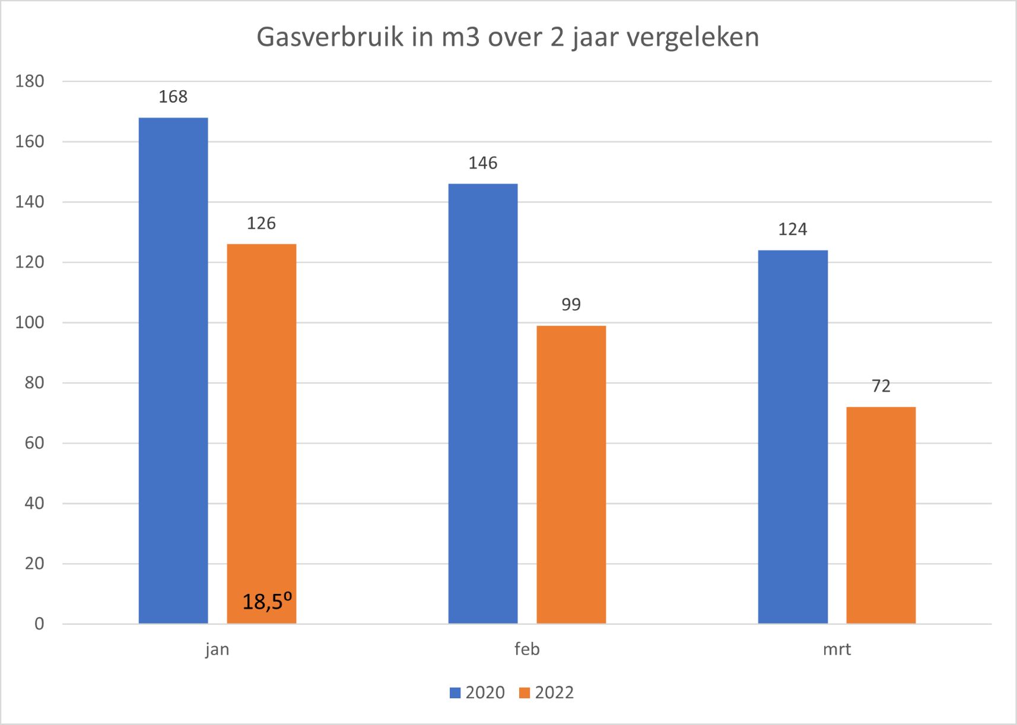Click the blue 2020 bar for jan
pyautogui.click(x=173, y=370)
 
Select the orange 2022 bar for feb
pyautogui.click(x=571, y=474)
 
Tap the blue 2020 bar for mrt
pyautogui.click(x=793, y=437)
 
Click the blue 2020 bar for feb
pyautogui.click(x=483, y=403)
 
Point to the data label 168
pyautogui.click(x=173, y=97)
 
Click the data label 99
pyautogui.click(x=571, y=304)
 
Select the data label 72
pyautogui.click(x=881, y=386)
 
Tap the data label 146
pyautogui.click(x=483, y=163)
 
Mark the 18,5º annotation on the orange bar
pyautogui.click(x=267, y=602)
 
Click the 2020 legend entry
pyautogui.click(x=478, y=692)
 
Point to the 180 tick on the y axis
pyautogui.click(x=30, y=81)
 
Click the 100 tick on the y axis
pyautogui.click(x=30, y=323)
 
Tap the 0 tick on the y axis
pyautogui.click(x=39, y=624)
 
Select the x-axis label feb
pyautogui.click(x=527, y=649)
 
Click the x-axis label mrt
pyautogui.click(x=837, y=649)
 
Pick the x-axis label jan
pyautogui.click(x=217, y=650)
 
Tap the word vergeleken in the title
pyautogui.click(x=692, y=37)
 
